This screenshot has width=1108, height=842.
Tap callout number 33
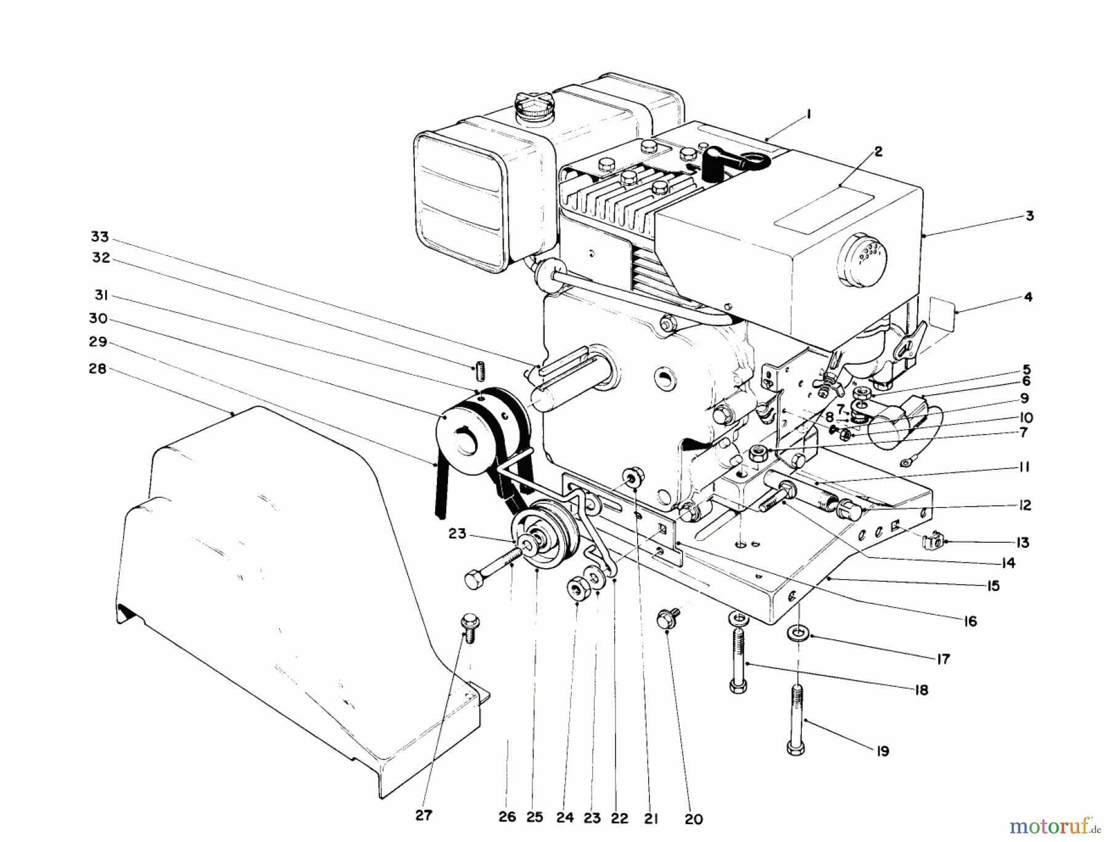click(100, 238)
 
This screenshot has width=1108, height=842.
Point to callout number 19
click(883, 751)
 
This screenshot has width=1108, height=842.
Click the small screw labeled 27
click(468, 628)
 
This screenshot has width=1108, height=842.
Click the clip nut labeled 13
click(933, 542)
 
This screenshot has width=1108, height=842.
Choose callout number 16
click(970, 622)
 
